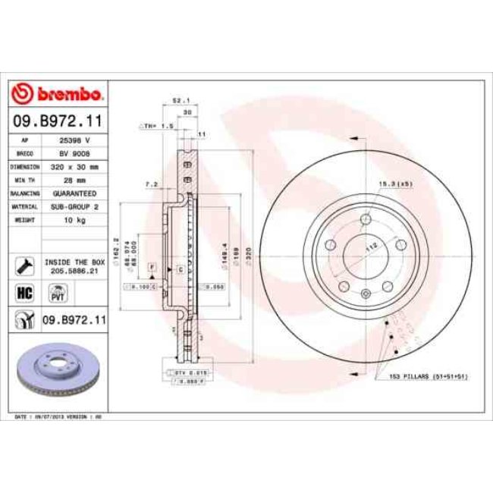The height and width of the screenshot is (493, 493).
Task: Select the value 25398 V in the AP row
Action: (x=75, y=140)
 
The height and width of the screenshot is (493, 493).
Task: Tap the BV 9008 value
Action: (x=75, y=152)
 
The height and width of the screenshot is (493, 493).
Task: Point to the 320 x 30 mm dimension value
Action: (x=75, y=165)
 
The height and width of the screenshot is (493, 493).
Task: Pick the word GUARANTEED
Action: (x=75, y=193)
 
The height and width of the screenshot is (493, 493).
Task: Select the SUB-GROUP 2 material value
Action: (x=75, y=206)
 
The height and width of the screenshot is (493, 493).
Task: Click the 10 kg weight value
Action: (x=75, y=218)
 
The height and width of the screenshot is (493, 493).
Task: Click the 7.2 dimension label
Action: (x=150, y=183)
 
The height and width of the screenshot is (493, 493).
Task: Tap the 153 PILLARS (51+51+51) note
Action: (x=429, y=377)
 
